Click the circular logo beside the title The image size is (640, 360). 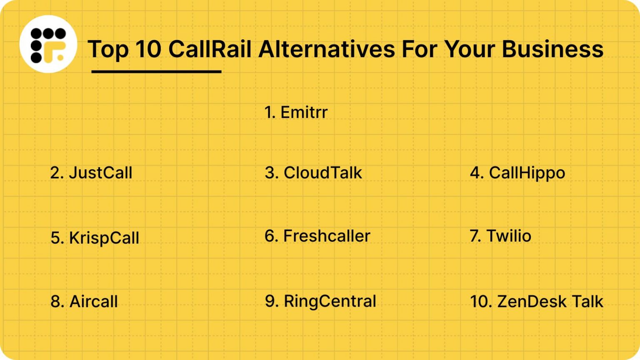[x=48, y=45]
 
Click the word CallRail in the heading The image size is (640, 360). [x=210, y=49]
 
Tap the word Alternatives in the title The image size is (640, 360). [x=327, y=49]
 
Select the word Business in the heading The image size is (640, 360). [x=552, y=49]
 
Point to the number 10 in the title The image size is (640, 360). [x=148, y=49]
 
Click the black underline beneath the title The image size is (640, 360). [x=156, y=72]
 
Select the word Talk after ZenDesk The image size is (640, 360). [x=587, y=302]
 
